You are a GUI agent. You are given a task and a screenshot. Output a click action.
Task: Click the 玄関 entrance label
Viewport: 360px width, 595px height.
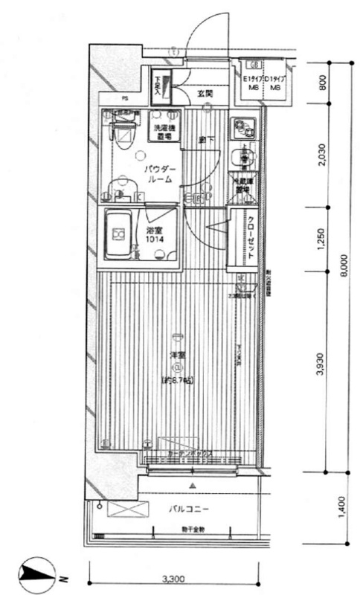pos(206,94)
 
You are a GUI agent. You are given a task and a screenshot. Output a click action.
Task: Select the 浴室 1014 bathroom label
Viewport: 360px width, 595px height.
pos(155,235)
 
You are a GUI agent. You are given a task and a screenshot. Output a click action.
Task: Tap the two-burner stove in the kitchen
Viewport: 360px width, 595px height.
pos(242,128)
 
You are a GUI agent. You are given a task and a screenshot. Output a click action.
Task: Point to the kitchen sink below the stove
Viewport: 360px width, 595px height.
pos(242,157)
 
